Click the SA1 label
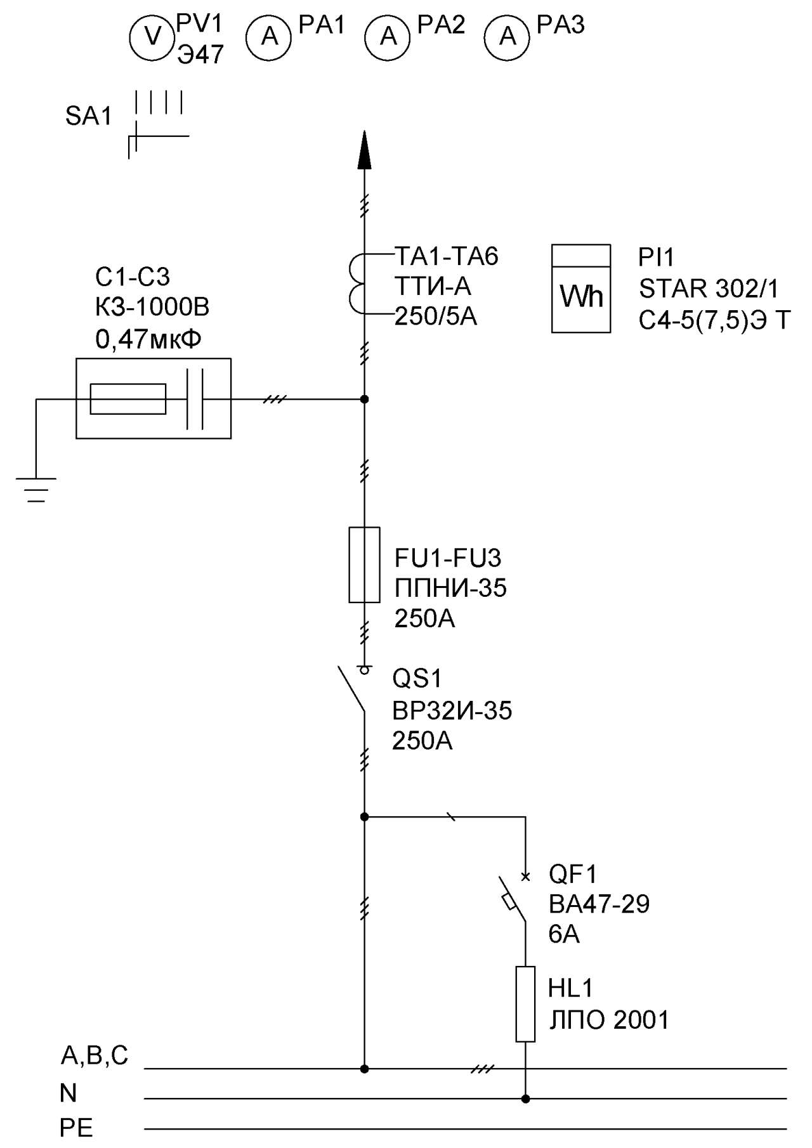click(x=89, y=117)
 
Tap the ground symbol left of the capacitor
click(x=36, y=490)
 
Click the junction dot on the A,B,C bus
click(x=364, y=1069)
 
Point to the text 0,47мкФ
click(x=148, y=340)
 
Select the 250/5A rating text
click(x=436, y=316)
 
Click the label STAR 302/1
click(x=709, y=289)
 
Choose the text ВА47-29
click(x=599, y=904)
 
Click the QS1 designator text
click(x=417, y=679)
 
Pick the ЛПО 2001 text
click(x=609, y=1020)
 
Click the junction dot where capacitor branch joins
click(x=364, y=399)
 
